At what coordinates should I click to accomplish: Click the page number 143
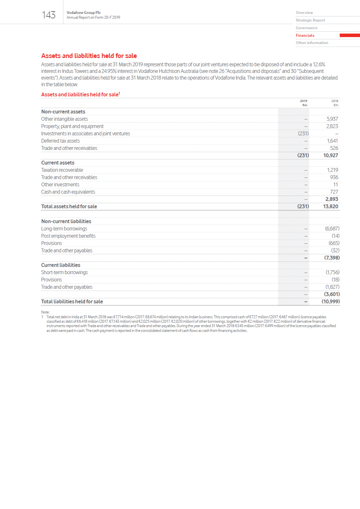tap(49, 15)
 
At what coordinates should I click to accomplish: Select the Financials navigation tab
tap(305, 35)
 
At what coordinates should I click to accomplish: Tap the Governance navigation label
tap(306, 28)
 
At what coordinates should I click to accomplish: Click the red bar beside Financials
tap(349, 35)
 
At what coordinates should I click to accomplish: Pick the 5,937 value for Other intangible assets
tap(332, 119)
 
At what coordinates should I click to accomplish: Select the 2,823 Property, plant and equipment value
tap(332, 126)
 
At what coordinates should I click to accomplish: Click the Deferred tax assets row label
tap(60, 141)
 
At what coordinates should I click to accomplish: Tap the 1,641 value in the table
tap(332, 141)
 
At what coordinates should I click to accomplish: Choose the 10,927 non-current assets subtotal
tap(331, 155)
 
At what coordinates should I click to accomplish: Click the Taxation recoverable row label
tap(62, 170)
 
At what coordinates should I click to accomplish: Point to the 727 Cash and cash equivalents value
tap(334, 192)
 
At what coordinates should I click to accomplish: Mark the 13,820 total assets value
tap(331, 206)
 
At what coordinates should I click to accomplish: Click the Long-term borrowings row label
tap(64, 229)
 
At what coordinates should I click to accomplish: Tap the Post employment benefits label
tap(68, 236)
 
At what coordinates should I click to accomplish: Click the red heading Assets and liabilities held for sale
tap(89, 56)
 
